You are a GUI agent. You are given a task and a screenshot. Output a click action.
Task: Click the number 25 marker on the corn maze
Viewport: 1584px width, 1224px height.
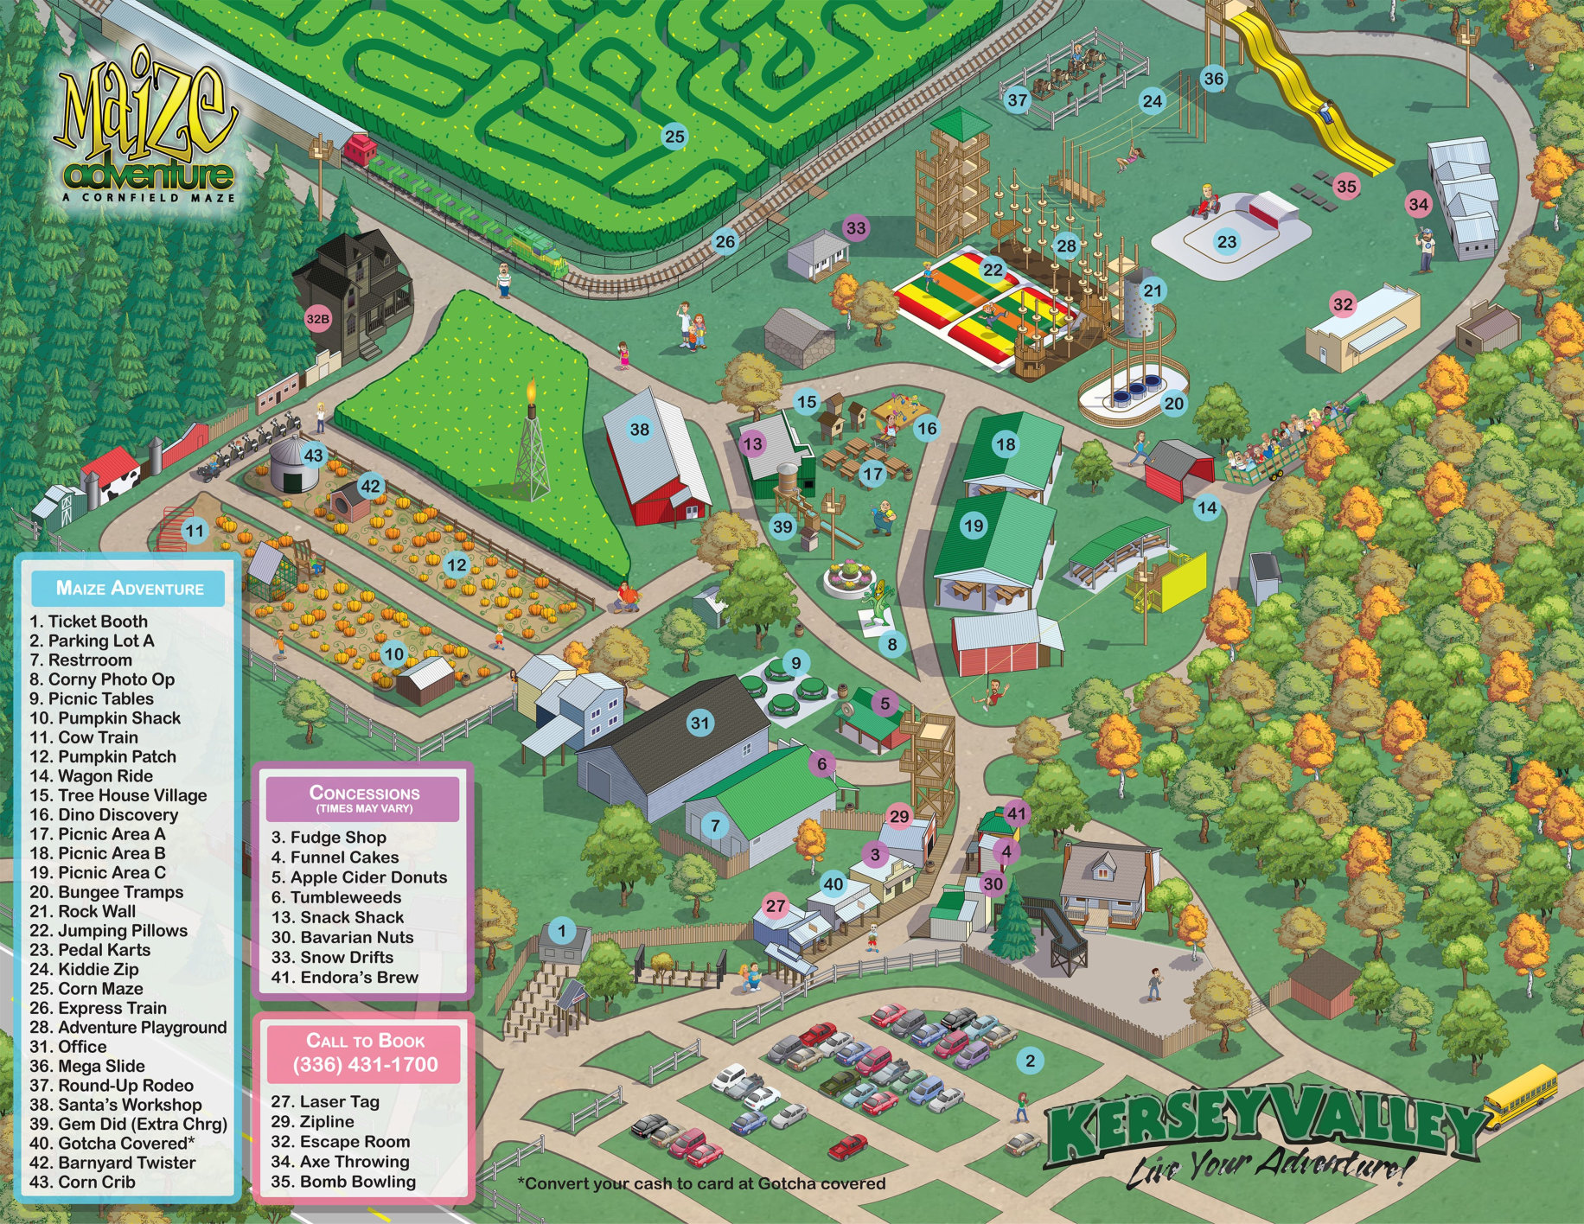pos(674,136)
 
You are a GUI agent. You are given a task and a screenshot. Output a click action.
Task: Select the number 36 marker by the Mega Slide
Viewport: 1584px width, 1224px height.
pos(1214,79)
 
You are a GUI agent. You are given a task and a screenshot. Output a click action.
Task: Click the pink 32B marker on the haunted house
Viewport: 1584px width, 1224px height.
pos(317,319)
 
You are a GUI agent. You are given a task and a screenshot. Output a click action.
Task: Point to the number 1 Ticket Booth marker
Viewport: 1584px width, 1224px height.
pos(562,931)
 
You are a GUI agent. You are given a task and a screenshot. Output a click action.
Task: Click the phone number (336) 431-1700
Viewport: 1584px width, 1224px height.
pos(365,1064)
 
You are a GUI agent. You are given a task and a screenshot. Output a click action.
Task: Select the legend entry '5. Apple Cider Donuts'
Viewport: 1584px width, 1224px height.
pos(359,877)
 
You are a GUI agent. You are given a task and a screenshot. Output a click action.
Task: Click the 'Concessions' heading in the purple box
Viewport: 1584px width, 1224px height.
pos(364,793)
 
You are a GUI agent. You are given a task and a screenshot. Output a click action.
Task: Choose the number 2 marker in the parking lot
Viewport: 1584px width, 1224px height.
pos(1030,1061)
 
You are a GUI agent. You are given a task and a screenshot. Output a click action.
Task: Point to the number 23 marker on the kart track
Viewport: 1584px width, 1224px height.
pos(1227,241)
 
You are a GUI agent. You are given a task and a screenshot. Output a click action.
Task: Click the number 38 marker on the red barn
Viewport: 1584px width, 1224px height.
pos(639,430)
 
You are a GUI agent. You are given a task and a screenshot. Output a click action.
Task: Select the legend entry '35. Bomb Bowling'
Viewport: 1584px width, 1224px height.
pos(343,1182)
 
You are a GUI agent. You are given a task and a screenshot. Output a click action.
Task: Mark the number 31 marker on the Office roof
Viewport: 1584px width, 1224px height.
pos(700,724)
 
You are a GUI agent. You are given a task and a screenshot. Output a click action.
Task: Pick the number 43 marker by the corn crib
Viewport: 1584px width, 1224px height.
pos(313,456)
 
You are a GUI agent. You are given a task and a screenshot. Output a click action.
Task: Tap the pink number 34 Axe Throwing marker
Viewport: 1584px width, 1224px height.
pos(1419,205)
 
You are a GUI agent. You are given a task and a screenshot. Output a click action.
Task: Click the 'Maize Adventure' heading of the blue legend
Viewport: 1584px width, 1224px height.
pos(130,589)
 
